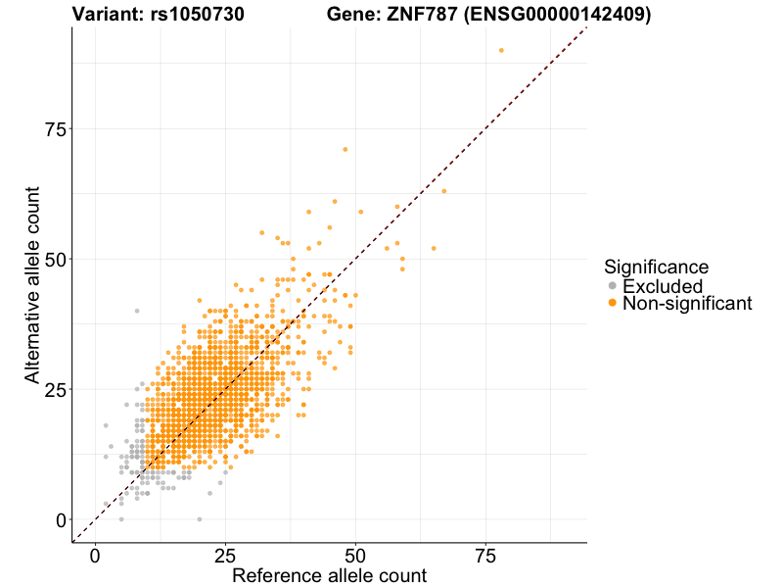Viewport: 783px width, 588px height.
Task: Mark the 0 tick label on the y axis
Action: click(60, 519)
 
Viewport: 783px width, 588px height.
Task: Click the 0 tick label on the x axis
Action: click(95, 556)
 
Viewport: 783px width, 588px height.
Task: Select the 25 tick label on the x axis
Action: click(225, 556)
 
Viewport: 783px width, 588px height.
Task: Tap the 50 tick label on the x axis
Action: click(355, 556)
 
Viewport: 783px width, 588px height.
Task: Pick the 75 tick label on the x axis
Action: click(485, 556)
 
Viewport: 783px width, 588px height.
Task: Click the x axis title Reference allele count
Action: click(329, 576)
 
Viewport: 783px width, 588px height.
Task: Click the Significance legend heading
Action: click(656, 267)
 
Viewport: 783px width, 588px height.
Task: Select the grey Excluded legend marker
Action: click(613, 286)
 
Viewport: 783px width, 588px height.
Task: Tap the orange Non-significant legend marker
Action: click(613, 304)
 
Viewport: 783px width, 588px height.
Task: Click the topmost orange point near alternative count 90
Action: click(501, 50)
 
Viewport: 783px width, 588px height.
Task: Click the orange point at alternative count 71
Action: click(345, 149)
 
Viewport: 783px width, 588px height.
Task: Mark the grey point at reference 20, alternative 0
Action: click(200, 519)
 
